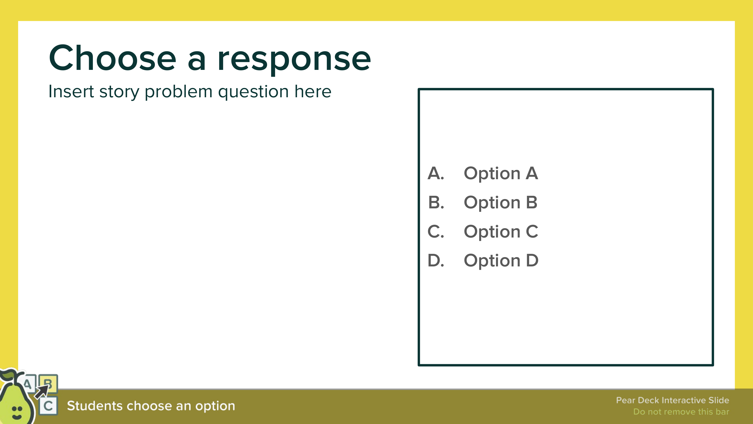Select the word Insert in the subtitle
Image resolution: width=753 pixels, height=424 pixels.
point(71,91)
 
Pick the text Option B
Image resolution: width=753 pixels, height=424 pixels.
point(500,203)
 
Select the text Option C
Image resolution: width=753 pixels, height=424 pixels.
point(501,232)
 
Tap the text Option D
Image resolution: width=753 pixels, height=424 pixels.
point(501,261)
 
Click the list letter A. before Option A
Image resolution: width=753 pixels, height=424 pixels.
point(436,173)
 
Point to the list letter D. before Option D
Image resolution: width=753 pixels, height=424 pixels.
point(436,260)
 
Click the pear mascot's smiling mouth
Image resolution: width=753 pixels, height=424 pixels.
point(17,416)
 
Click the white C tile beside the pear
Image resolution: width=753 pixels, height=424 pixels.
point(48,406)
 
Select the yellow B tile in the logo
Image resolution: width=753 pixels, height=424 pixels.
point(48,383)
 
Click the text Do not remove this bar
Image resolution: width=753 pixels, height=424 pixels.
point(681,412)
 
